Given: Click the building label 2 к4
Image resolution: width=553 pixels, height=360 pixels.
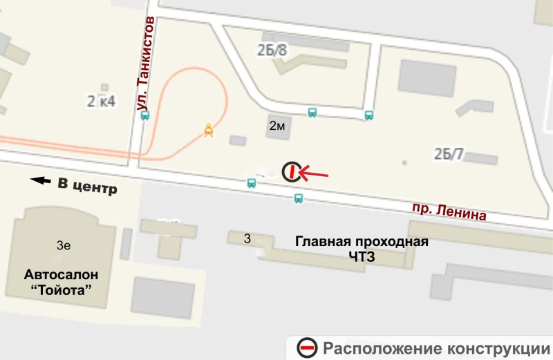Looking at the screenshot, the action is (x=101, y=102).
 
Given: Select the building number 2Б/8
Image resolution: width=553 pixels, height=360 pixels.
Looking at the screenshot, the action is (x=272, y=49).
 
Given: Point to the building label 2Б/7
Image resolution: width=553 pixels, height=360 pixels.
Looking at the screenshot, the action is (x=449, y=153).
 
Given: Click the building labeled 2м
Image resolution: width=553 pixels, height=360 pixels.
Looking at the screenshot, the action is (x=277, y=126).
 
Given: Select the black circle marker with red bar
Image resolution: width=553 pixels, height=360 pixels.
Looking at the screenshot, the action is (x=292, y=171).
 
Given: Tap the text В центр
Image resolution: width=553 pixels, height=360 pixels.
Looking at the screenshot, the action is (x=87, y=187).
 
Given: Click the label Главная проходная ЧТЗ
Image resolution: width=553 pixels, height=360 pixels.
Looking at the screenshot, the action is (x=362, y=249).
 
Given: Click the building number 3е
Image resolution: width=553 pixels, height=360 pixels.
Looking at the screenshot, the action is (x=64, y=245).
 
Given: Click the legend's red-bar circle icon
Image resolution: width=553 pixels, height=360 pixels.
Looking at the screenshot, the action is (x=307, y=348).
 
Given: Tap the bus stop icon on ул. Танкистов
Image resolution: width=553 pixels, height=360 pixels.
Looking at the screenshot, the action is (x=144, y=116).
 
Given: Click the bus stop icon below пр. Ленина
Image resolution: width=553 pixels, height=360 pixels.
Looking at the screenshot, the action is (x=298, y=198).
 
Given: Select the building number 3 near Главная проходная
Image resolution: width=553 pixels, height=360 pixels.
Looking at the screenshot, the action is (x=247, y=238).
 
